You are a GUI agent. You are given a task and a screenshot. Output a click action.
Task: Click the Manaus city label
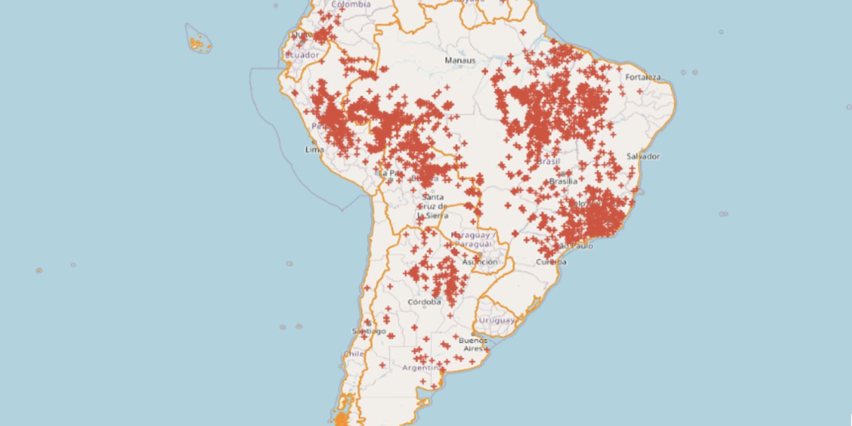460,61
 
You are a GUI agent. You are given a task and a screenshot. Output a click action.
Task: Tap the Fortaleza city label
643,77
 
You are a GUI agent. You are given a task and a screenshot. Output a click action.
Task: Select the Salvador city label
643,156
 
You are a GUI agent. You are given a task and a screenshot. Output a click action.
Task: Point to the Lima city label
314,150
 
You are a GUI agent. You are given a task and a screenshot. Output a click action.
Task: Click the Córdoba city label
424,302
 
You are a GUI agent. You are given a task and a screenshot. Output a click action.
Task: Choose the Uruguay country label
496,321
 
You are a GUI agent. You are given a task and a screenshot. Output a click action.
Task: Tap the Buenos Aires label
473,344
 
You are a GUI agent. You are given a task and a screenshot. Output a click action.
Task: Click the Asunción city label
480,262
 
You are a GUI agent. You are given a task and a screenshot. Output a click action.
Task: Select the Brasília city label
563,181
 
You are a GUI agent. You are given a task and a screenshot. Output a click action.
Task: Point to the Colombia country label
351,4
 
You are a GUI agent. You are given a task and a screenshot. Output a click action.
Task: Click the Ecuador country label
302,55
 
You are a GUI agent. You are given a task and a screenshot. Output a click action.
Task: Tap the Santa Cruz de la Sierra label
432,207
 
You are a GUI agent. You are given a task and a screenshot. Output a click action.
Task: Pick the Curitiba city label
552,262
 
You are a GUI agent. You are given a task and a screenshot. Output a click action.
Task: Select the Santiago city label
368,331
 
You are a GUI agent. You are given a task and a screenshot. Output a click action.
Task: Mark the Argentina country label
421,368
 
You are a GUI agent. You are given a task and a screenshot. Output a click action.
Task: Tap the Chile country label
353,354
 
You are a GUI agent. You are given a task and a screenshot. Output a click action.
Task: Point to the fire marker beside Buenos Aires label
486,350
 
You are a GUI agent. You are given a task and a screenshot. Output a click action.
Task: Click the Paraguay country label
473,239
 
